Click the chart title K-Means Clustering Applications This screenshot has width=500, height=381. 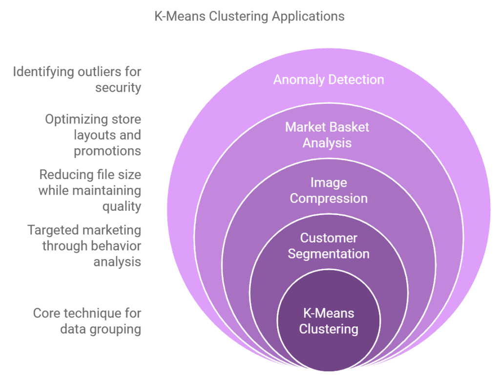click(250, 17)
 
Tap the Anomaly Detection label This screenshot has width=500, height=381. click(329, 80)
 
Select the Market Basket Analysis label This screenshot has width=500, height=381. click(327, 135)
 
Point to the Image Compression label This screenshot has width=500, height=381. click(329, 190)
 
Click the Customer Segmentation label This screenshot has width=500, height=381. click(329, 246)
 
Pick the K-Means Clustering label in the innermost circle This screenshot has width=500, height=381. click(329, 321)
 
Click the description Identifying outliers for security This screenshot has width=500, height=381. click(77, 80)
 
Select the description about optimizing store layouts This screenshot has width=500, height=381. click(93, 135)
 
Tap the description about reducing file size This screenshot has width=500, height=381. click(90, 190)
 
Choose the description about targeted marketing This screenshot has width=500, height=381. click(84, 246)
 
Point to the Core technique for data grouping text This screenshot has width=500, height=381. click(87, 321)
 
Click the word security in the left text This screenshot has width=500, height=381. click(118, 88)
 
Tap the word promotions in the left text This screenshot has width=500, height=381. click(107, 151)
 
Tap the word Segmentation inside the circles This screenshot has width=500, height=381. click(329, 254)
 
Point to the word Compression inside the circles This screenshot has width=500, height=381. click(329, 199)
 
